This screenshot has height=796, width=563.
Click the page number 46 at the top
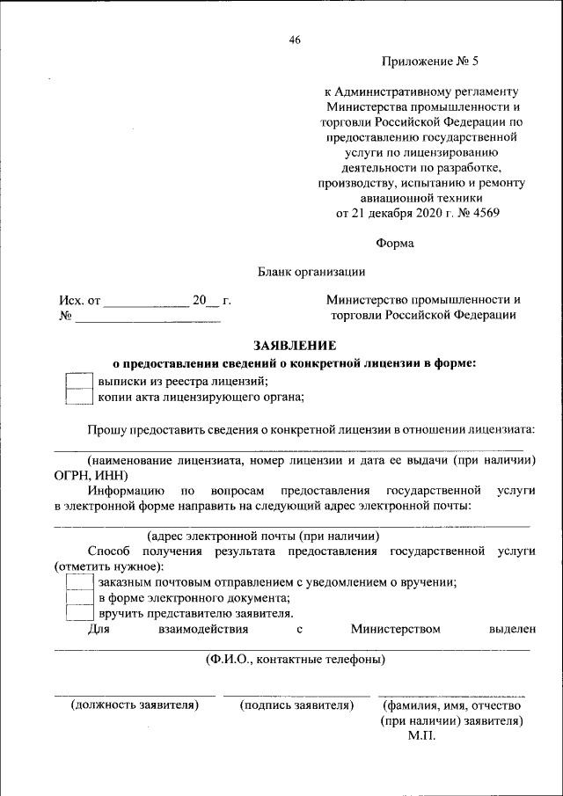(x=295, y=40)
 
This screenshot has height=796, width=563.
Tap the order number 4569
(x=482, y=214)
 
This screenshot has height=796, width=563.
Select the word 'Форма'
(x=394, y=243)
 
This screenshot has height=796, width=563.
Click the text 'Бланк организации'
(x=311, y=273)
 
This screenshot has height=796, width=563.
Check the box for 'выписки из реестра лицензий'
(x=80, y=381)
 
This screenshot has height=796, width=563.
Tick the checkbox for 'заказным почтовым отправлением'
(x=80, y=582)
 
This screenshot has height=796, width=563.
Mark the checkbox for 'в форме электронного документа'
(x=80, y=598)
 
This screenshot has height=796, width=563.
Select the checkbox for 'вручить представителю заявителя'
(x=80, y=614)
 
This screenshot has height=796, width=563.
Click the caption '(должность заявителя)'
(x=135, y=705)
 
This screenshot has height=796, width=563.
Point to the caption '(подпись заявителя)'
(x=296, y=705)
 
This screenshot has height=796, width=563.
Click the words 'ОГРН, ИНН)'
(x=91, y=475)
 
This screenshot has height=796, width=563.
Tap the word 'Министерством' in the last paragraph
(x=395, y=630)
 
